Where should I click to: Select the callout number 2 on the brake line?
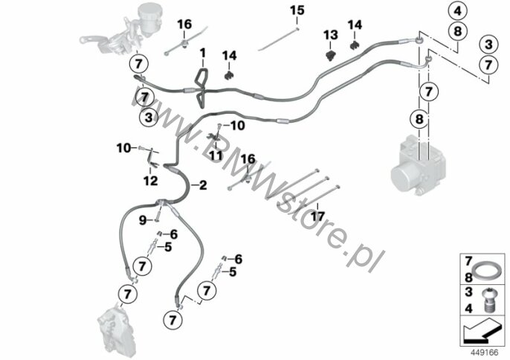(x=201, y=183)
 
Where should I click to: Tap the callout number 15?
(x=297, y=10)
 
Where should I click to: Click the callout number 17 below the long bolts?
(x=317, y=216)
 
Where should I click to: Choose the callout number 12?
(x=150, y=179)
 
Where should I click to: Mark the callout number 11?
(x=216, y=155)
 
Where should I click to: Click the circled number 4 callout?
(x=457, y=11)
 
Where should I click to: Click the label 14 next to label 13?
(x=355, y=25)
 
